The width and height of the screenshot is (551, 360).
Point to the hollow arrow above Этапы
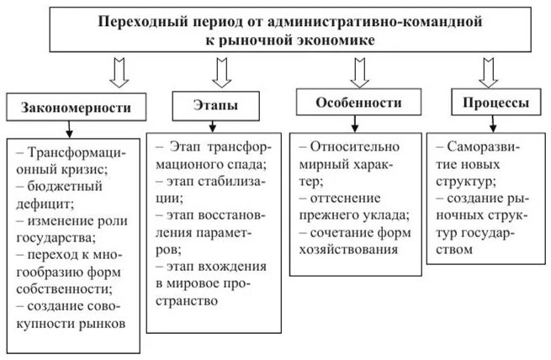point(222,72)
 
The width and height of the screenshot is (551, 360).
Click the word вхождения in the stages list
point(232,266)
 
